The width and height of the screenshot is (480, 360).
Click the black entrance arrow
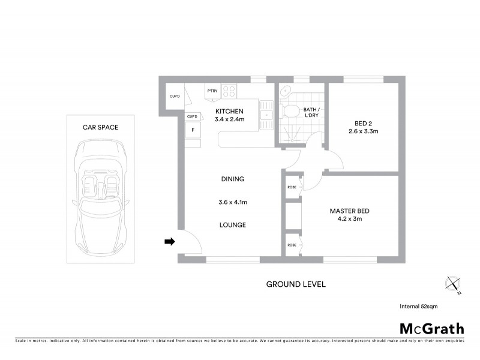pos(170,242)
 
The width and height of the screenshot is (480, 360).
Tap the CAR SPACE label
pos(100,127)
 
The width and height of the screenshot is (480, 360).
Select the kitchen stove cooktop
pos(229,91)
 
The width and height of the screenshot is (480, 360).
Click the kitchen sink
pos(266,114)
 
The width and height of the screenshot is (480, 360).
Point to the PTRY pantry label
pos(212,91)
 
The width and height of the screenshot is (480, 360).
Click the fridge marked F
pos(193,130)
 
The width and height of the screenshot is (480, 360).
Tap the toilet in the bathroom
pos(291,111)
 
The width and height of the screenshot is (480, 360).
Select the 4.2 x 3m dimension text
pos(349,219)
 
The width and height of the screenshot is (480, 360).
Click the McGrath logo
pos(431,328)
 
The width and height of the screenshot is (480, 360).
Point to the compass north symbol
pos(453,284)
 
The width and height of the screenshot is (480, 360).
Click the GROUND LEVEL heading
pos(296,284)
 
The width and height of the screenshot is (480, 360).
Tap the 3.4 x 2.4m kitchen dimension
pos(229,119)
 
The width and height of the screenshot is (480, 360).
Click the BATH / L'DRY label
pos(311,113)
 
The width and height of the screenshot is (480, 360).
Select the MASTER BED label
pos(349,211)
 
